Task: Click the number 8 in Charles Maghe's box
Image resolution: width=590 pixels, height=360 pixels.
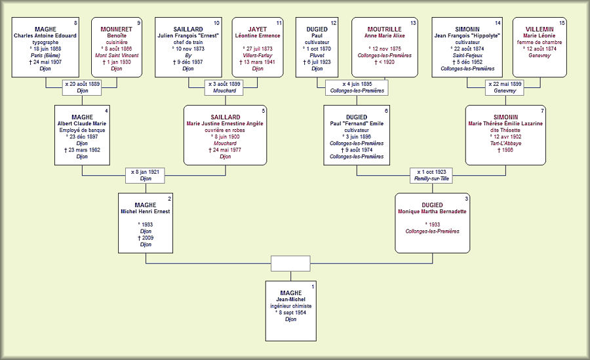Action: (x=76, y=23)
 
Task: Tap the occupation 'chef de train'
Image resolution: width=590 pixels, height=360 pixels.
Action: (x=188, y=42)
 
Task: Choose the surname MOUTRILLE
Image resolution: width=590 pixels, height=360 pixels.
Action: (x=385, y=30)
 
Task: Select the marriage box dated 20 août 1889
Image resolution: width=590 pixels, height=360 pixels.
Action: (x=83, y=87)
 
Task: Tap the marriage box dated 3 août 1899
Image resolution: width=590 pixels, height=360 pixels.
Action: (x=226, y=87)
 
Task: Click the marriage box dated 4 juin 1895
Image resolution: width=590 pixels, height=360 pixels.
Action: (x=357, y=87)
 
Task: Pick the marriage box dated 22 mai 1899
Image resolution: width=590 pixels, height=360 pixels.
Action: (x=505, y=87)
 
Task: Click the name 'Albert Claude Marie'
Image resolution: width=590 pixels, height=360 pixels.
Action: (x=82, y=123)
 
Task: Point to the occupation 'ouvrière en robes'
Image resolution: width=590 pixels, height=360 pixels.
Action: (x=226, y=130)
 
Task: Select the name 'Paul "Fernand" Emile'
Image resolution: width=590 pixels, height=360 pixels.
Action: (x=357, y=123)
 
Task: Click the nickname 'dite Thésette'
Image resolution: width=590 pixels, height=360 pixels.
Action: (x=505, y=130)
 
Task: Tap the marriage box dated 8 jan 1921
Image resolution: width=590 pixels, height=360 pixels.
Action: (x=146, y=175)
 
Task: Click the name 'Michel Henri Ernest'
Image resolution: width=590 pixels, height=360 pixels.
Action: (x=146, y=211)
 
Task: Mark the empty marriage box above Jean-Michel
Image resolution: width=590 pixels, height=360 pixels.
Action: (x=290, y=263)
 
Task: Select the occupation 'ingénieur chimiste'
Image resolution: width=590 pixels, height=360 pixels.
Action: (x=290, y=306)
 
